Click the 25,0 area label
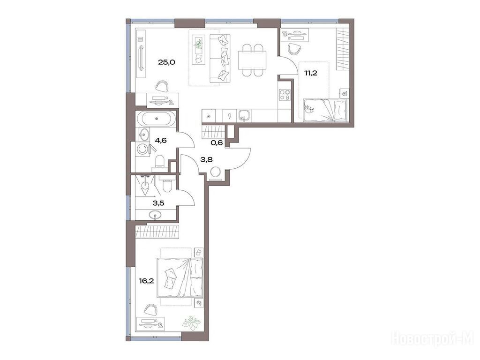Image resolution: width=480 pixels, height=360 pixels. pyautogui.click(x=166, y=62)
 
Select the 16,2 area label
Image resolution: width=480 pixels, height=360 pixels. pyautogui.click(x=146, y=280)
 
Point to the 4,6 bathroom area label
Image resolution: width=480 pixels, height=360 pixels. pyautogui.click(x=160, y=141)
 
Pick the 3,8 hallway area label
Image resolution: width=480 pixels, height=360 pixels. pyautogui.click(x=206, y=159)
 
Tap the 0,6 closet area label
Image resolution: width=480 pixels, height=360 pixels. pyautogui.click(x=217, y=142)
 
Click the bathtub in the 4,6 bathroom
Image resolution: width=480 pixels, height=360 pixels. pyautogui.click(x=157, y=119)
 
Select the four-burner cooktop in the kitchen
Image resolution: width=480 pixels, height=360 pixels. pyautogui.click(x=285, y=94)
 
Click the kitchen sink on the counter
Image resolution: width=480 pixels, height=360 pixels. pyautogui.click(x=245, y=115)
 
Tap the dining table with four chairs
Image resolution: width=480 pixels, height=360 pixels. pyautogui.click(x=252, y=60)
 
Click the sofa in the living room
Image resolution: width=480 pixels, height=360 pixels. pyautogui.click(x=220, y=58)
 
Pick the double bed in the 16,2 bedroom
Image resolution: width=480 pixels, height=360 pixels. pyautogui.click(x=180, y=277)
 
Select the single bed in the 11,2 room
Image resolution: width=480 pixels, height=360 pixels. pyautogui.click(x=325, y=110)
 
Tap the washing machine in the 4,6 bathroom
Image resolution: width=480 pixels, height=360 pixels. pyautogui.click(x=142, y=149)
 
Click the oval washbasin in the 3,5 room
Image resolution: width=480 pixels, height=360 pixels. pyautogui.click(x=156, y=215)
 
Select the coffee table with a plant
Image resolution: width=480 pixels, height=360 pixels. pyautogui.click(x=198, y=50)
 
